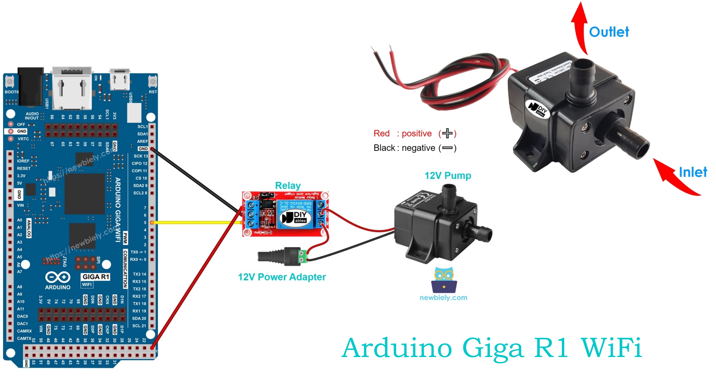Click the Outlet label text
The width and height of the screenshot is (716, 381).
pos(609,32)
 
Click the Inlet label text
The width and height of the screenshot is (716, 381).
pos(693,172)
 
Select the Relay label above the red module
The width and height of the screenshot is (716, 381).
pos(288,186)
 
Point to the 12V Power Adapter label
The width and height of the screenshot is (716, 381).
pos(282,277)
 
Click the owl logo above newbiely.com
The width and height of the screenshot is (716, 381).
pos(444,280)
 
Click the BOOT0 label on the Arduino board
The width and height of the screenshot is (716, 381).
pos(11,92)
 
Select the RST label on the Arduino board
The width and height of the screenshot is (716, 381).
pos(153,92)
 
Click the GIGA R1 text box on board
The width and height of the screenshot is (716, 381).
pos(96,277)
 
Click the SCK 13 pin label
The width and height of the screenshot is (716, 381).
pos(141,156)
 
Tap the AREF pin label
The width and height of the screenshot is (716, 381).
pos(142,141)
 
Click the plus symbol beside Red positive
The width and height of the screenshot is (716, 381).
pos(447,133)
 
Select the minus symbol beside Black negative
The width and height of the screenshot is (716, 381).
pos(447,148)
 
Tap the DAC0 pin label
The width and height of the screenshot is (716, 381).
pos(22,316)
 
